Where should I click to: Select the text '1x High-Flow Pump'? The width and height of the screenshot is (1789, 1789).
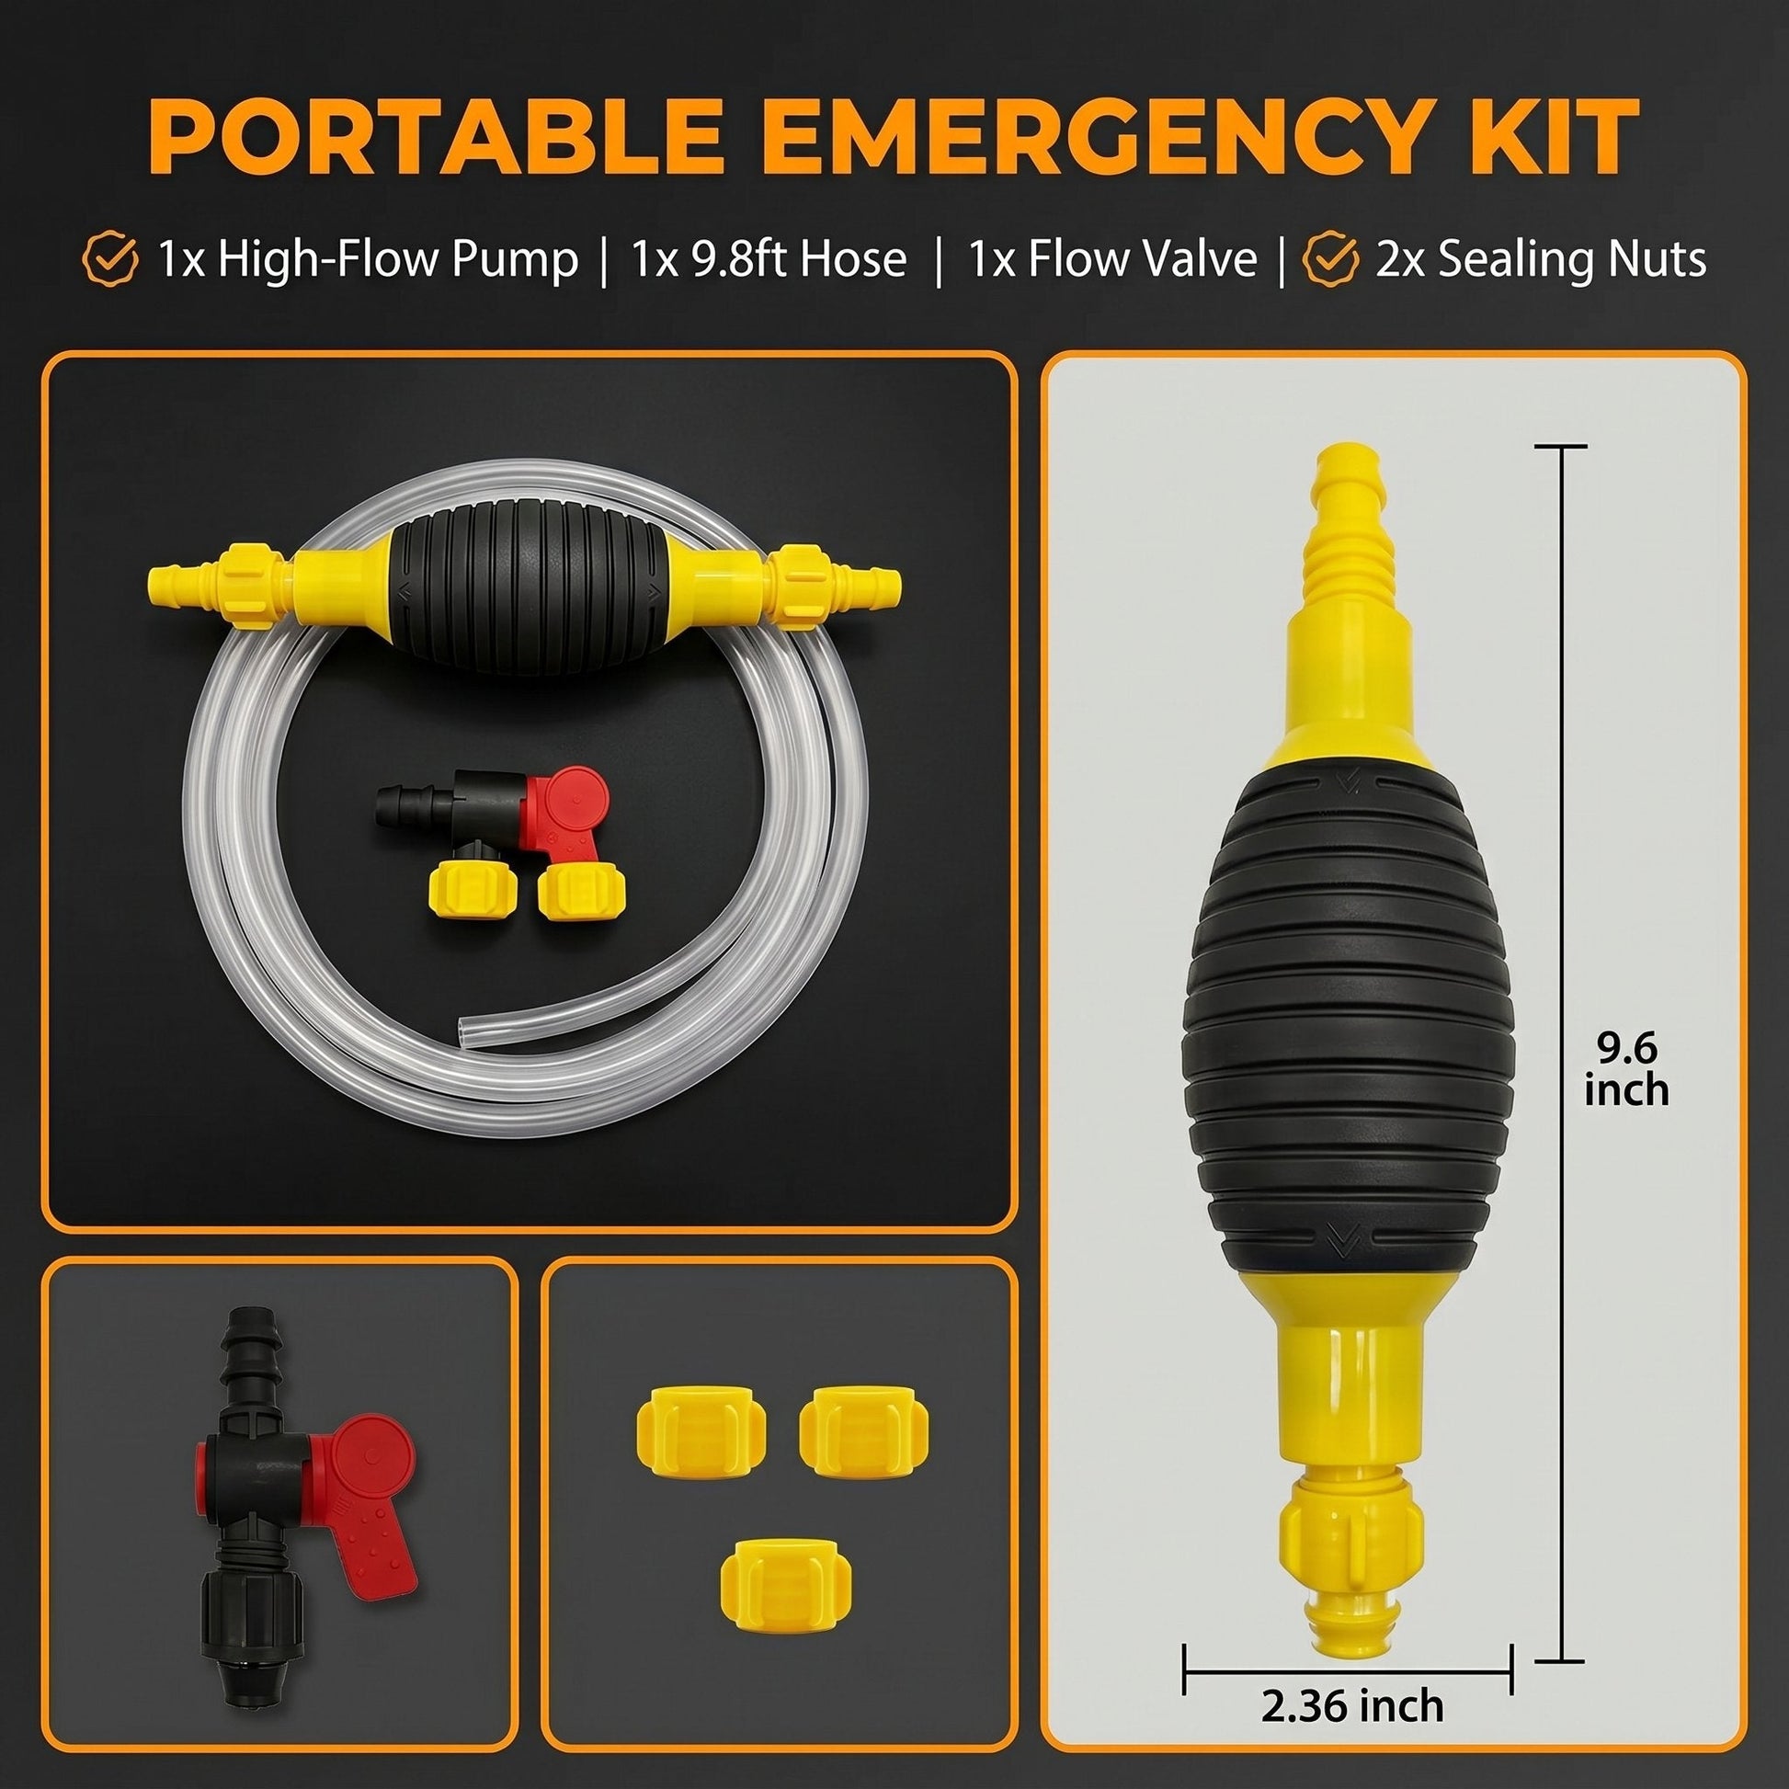click(x=369, y=260)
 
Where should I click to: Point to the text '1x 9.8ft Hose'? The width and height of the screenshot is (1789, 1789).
click(x=769, y=260)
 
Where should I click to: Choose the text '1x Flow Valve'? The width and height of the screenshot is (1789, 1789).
click(x=1112, y=260)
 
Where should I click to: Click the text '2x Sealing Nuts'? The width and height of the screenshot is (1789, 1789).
click(x=1541, y=260)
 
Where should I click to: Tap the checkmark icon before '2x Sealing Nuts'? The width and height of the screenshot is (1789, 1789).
click(x=1330, y=260)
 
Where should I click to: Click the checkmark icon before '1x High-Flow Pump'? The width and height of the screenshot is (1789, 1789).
click(x=110, y=260)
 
